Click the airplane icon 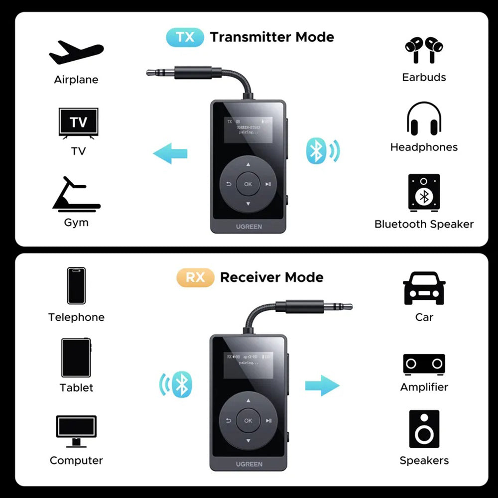(x=76, y=52)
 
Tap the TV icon (x=78, y=122)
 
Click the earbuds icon (x=424, y=49)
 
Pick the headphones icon (x=424, y=119)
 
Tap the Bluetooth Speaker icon (x=424, y=192)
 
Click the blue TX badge (x=184, y=37)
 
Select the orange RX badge (x=195, y=277)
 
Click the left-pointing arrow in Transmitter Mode (x=170, y=154)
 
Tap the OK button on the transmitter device (x=248, y=184)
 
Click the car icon (x=424, y=289)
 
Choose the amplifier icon (x=424, y=364)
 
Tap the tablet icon (x=76, y=358)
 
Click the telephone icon (x=76, y=285)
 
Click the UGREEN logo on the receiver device (x=249, y=464)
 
